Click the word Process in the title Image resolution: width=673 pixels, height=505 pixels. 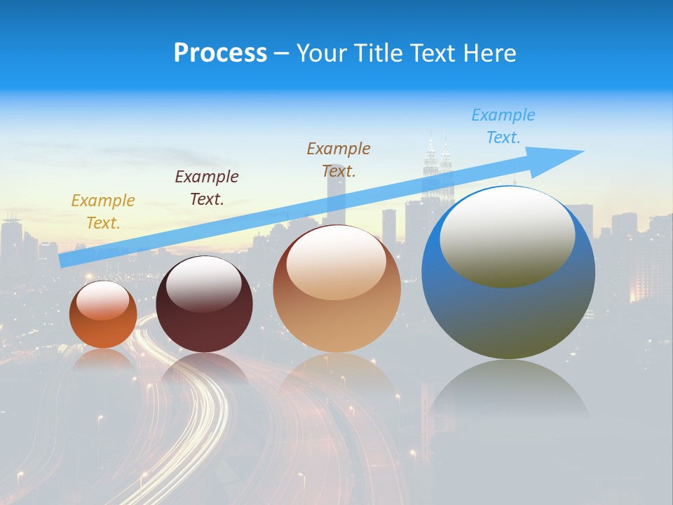click(x=220, y=53)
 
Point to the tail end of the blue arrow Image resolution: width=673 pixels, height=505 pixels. click(x=64, y=260)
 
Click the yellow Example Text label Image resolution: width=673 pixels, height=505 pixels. click(x=103, y=212)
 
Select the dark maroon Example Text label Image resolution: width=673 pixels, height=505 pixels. click(x=207, y=188)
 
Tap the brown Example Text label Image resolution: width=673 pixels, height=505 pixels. click(x=339, y=160)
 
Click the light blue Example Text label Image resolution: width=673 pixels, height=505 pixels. click(x=503, y=126)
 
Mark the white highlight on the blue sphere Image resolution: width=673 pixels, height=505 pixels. click(x=507, y=236)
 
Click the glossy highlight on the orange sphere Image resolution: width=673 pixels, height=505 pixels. click(x=102, y=300)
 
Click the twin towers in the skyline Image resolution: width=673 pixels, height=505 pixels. click(x=437, y=168)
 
